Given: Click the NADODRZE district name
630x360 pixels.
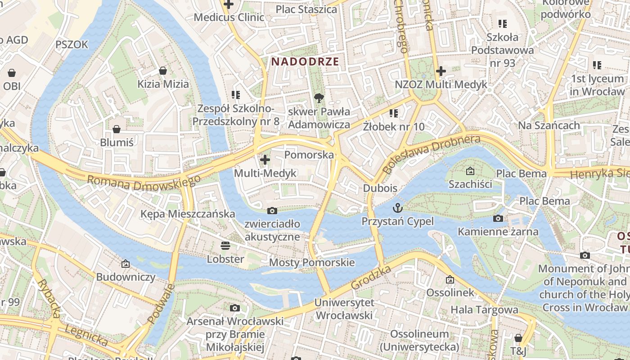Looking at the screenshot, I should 305,62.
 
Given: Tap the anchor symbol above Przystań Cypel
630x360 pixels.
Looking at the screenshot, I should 398,207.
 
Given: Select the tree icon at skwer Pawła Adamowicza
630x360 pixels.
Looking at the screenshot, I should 319,98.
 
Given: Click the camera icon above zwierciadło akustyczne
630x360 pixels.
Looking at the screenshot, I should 272,211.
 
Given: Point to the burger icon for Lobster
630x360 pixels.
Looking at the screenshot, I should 225,245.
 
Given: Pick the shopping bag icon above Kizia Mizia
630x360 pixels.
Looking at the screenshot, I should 163,71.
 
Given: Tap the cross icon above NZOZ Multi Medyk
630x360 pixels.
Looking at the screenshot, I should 441,71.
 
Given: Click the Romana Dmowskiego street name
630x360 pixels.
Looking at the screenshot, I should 144,182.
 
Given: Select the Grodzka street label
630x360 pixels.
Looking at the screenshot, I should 370,278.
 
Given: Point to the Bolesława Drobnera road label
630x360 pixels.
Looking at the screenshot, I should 431,154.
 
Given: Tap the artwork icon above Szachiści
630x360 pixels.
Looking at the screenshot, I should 470,171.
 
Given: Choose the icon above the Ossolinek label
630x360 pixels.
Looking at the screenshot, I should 450,279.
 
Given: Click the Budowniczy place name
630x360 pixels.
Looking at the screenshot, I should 126,277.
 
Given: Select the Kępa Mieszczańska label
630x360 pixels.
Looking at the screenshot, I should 188,214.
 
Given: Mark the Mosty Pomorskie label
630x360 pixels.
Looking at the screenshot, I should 312,262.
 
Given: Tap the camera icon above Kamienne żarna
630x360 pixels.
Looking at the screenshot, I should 498,219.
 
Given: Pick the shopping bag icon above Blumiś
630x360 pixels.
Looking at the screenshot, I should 117,129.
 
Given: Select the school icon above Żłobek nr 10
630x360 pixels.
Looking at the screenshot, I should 394,113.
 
